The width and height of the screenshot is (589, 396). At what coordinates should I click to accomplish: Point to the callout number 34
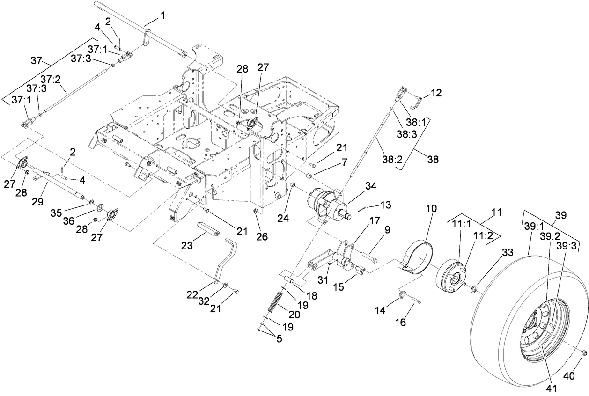pos(371,187)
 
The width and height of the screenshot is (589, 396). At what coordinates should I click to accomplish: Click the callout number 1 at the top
pos(162,16)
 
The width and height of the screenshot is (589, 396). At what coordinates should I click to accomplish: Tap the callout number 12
pos(436,93)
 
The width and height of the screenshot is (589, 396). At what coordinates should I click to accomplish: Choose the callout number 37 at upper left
pos(37,60)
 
